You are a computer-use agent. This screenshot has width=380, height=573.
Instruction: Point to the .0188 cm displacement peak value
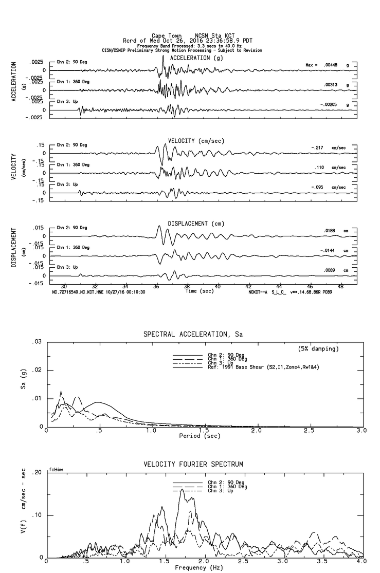[329, 231]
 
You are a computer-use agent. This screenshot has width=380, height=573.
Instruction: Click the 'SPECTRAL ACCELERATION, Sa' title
[193, 335]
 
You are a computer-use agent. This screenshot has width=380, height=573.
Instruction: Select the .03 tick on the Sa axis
[37, 342]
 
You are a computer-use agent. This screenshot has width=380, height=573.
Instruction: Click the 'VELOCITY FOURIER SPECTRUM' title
[193, 465]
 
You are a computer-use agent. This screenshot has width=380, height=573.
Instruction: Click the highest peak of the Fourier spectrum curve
[182, 490]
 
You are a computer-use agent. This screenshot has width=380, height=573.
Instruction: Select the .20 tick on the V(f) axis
[37, 473]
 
